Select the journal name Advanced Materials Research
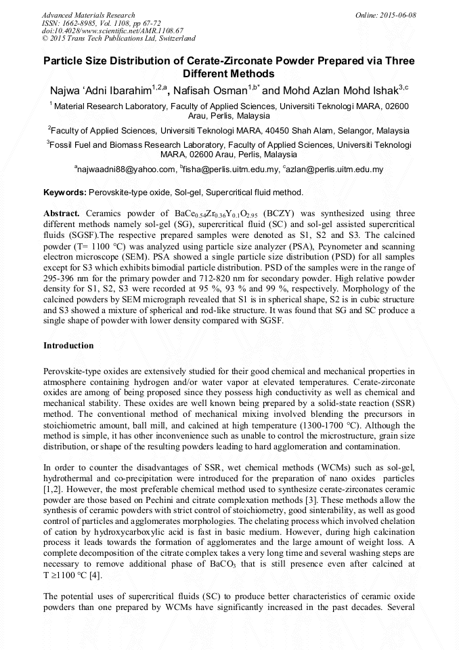[x=88, y=15]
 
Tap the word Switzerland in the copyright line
[x=173, y=39]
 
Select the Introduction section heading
[x=68, y=346]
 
